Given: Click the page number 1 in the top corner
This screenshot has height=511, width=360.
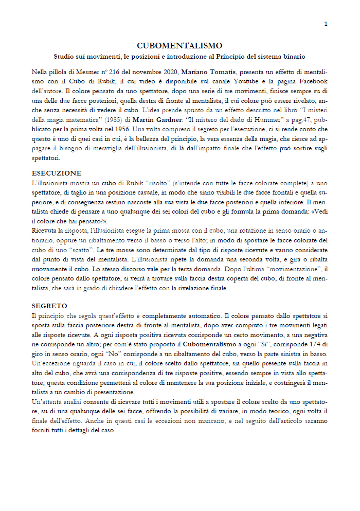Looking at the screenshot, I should pyautogui.click(x=326, y=24).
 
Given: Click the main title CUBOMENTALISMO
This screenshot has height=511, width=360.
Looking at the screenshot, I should pyautogui.click(x=179, y=46).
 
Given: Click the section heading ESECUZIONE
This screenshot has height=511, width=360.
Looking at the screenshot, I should pyautogui.click(x=56, y=173).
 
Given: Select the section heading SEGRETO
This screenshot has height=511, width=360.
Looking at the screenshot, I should pyautogui.click(x=49, y=306).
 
